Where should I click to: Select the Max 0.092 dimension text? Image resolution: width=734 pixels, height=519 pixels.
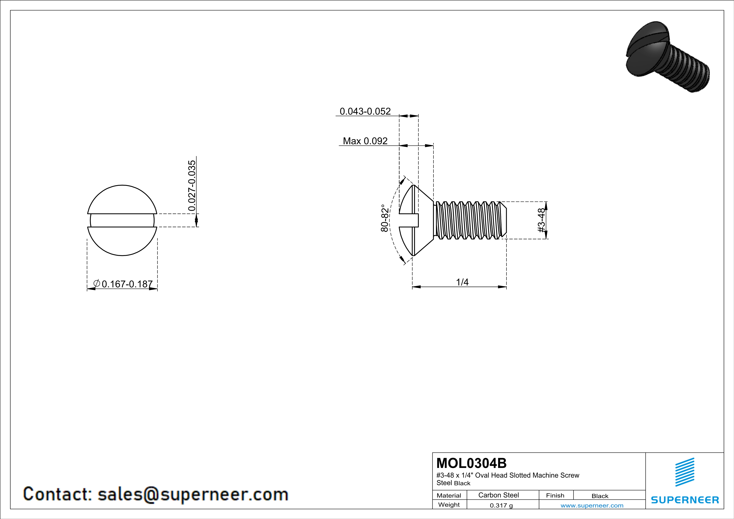pos(365,141)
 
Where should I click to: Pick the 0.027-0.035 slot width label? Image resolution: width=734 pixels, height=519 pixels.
pos(192,186)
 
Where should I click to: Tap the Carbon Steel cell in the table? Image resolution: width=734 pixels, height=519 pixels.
pos(498,495)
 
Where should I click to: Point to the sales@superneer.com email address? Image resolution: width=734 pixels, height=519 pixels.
pos(193,494)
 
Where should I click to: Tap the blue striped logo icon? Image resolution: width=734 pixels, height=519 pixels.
pos(684,472)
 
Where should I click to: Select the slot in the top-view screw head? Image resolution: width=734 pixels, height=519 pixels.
pos(122,221)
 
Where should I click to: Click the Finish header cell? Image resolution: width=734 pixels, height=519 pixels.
pos(555,495)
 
